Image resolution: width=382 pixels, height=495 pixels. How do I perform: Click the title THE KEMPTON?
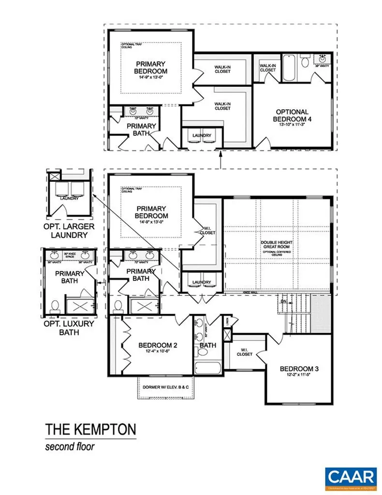click(90, 429)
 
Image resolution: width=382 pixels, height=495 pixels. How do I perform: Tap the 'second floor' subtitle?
click(70, 446)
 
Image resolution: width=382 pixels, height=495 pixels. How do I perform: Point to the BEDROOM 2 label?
click(158, 345)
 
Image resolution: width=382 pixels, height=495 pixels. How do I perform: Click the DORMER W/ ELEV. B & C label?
click(165, 387)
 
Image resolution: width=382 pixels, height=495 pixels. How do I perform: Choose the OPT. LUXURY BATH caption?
click(68, 329)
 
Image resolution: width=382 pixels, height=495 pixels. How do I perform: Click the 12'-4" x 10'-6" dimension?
click(158, 351)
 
